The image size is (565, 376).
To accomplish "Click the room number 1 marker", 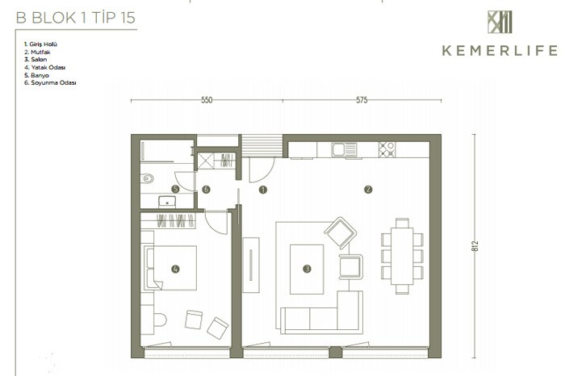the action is tap(263, 190).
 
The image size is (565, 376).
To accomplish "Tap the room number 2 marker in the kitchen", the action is tap(368, 189).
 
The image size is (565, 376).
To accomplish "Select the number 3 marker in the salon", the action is tap(307, 269).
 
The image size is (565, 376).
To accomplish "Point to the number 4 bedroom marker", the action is tap(175, 269).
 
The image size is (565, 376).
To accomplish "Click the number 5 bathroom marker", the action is tap(175, 189).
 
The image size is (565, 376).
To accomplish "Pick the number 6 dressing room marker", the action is tap(206, 189).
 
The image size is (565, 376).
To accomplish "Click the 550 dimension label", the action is tap(207, 100).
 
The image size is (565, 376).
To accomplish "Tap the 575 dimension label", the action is tap(362, 100).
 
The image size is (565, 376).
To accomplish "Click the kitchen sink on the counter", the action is tap(344, 150).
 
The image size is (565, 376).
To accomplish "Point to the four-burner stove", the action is tap(387, 149).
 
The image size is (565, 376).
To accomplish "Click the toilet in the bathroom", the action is tap(148, 178).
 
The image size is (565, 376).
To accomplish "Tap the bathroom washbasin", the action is tap(167, 202).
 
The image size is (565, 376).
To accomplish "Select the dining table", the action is tap(402, 256).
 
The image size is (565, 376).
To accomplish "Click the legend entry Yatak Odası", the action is tap(44, 67).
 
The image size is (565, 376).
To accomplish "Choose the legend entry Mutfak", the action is tap(37, 52).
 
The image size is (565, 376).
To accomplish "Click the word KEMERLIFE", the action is tap(500, 51).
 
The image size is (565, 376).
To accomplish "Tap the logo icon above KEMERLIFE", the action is tap(500, 22).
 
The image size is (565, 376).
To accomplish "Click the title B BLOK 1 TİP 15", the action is tap(76, 18).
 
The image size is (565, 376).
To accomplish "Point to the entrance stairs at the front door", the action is tap(262, 146).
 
